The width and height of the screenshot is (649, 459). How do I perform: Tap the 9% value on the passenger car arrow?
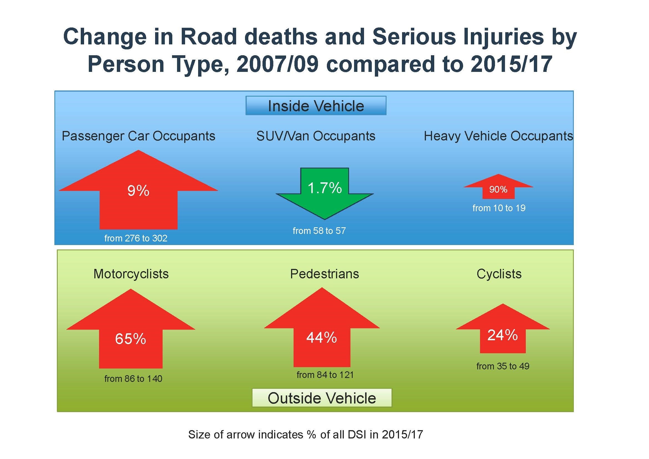(x=138, y=191)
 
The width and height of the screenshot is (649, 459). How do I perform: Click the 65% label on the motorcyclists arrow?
(x=130, y=339)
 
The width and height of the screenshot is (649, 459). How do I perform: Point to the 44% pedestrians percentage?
(x=322, y=337)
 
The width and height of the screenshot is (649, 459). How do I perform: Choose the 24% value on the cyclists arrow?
(x=502, y=335)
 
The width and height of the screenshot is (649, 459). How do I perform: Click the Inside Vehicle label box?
(x=316, y=106)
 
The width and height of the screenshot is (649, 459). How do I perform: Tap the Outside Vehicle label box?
(x=322, y=398)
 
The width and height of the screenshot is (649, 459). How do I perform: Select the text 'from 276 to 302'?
(x=136, y=238)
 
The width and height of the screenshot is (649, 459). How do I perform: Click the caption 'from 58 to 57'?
(x=319, y=231)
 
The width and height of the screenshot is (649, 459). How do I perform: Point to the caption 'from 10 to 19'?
(x=499, y=208)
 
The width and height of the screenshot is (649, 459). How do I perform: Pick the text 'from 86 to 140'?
(x=133, y=379)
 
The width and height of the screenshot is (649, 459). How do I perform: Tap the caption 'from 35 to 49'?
(x=502, y=366)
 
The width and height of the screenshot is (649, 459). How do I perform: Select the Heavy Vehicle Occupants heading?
(x=498, y=136)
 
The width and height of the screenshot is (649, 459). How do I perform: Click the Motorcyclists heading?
(x=131, y=274)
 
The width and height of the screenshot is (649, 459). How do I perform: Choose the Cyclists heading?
(x=499, y=274)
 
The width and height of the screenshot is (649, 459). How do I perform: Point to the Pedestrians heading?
(x=325, y=274)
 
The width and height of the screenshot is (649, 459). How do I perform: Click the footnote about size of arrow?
(x=305, y=434)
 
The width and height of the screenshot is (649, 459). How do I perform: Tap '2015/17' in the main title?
(x=511, y=64)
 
